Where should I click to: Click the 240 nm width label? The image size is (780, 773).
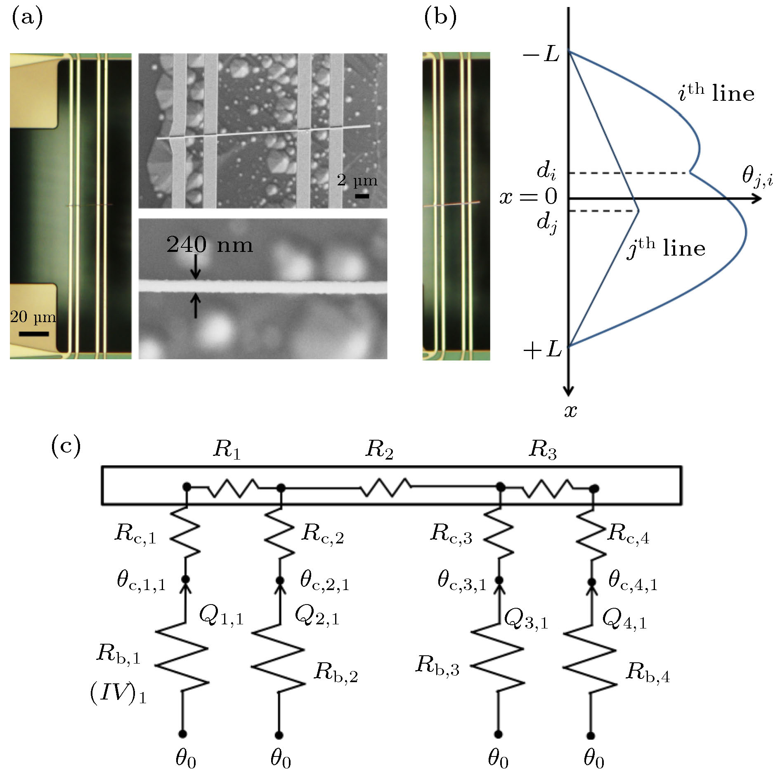tap(209, 245)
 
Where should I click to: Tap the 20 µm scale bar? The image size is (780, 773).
tap(33, 334)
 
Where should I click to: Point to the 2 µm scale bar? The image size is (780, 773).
tap(362, 196)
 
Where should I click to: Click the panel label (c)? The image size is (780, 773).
tap(66, 446)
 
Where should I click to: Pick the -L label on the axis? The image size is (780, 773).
tap(541, 54)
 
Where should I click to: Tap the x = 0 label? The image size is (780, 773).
tap(529, 197)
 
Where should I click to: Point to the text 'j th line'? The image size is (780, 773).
tap(666, 248)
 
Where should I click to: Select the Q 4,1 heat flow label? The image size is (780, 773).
tap(624, 619)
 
